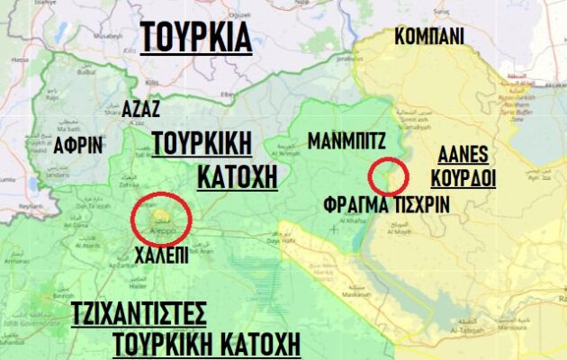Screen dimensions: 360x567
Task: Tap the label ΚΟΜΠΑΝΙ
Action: point(430,36)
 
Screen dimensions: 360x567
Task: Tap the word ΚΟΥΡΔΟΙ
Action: point(463,178)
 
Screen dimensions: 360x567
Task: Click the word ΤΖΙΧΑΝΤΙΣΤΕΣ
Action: point(139,314)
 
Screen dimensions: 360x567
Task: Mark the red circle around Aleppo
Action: point(161,217)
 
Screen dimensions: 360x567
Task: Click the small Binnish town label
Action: point(63,296)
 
